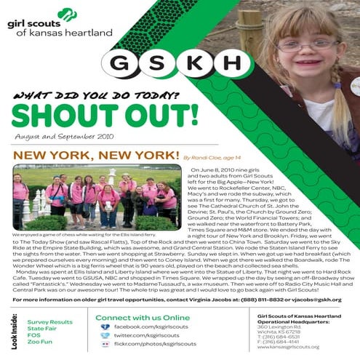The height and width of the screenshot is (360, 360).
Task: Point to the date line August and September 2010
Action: pos(53,135)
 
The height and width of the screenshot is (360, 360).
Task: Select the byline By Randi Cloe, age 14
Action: pos(215,156)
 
